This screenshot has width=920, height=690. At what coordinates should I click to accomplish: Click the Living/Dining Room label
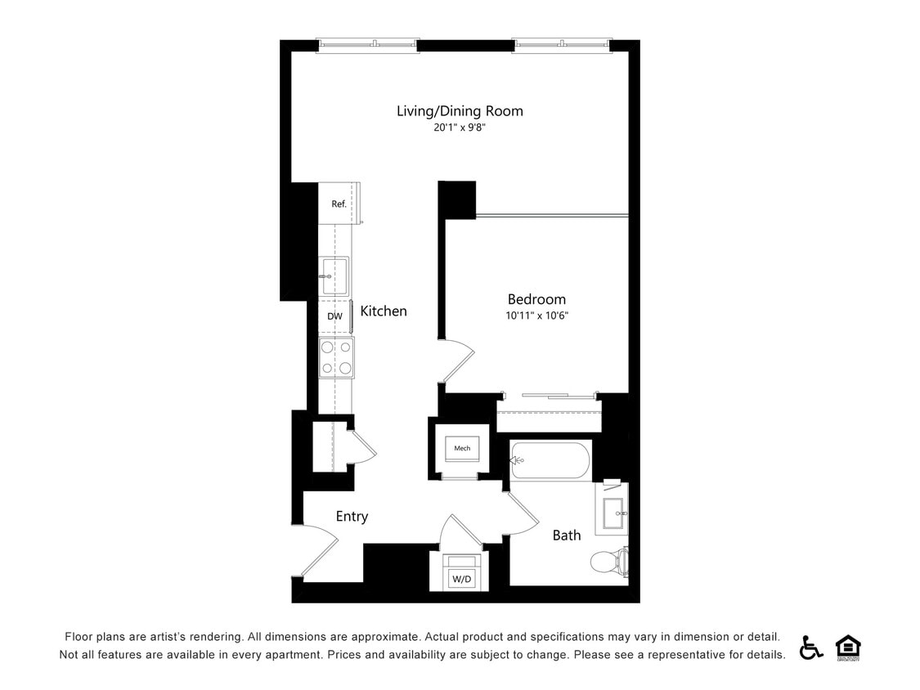(x=460, y=110)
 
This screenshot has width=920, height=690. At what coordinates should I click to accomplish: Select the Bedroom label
(x=536, y=299)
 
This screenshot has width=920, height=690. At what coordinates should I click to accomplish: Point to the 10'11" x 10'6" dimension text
(x=536, y=316)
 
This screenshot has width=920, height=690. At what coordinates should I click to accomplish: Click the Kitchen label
(x=384, y=311)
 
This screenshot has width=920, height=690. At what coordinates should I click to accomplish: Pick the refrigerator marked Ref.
(x=339, y=204)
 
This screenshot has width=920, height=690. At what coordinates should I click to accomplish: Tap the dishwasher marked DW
(x=334, y=316)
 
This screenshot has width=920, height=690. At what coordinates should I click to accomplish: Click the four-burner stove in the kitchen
(x=336, y=357)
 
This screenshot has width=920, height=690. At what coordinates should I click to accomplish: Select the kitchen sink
(x=334, y=276)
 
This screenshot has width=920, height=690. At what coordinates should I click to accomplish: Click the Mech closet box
(x=462, y=448)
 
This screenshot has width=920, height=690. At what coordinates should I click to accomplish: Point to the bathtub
(x=550, y=461)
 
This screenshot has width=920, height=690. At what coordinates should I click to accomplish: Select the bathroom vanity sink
(x=612, y=514)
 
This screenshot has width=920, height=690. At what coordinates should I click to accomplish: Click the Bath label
(x=567, y=535)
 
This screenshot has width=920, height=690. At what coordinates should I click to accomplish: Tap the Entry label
(x=352, y=517)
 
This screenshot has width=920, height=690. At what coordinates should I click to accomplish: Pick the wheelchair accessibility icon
(x=811, y=647)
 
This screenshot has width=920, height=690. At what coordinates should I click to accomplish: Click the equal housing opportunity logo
(x=848, y=647)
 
